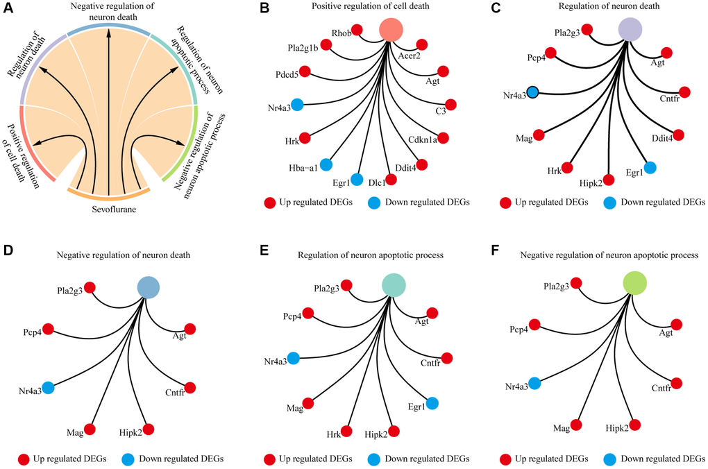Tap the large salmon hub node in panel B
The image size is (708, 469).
click(392, 30)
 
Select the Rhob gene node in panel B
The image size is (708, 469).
click(357, 30)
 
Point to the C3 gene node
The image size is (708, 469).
click(450, 105)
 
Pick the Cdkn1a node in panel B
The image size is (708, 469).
click(444, 138)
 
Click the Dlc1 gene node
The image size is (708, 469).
click(391, 180)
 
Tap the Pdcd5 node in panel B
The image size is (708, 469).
click(304, 71)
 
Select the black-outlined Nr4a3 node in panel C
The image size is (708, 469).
click(533, 92)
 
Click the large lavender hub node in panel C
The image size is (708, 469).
click(630, 30)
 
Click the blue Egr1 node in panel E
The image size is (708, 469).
click(432, 403)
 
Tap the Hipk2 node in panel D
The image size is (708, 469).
click(147, 429)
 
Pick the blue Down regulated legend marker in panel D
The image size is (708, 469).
click(128, 459)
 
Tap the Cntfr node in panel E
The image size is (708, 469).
click(447, 358)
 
